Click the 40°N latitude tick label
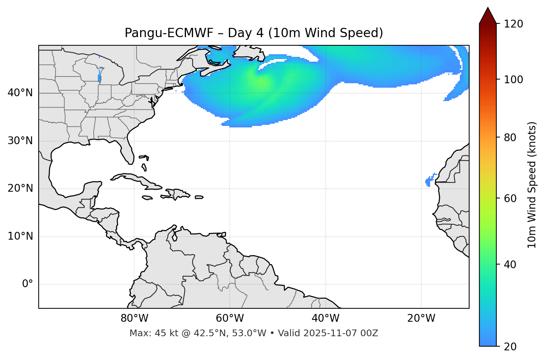20,93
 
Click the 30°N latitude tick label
20,141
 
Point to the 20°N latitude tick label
20,188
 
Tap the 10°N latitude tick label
20,236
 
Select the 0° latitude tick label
28,284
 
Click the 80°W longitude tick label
134,318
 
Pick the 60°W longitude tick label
230,318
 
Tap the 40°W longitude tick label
325,318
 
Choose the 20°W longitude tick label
421,318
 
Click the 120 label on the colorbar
513,24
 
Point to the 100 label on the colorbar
513,80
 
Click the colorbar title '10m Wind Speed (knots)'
532,185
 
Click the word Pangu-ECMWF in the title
169,33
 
